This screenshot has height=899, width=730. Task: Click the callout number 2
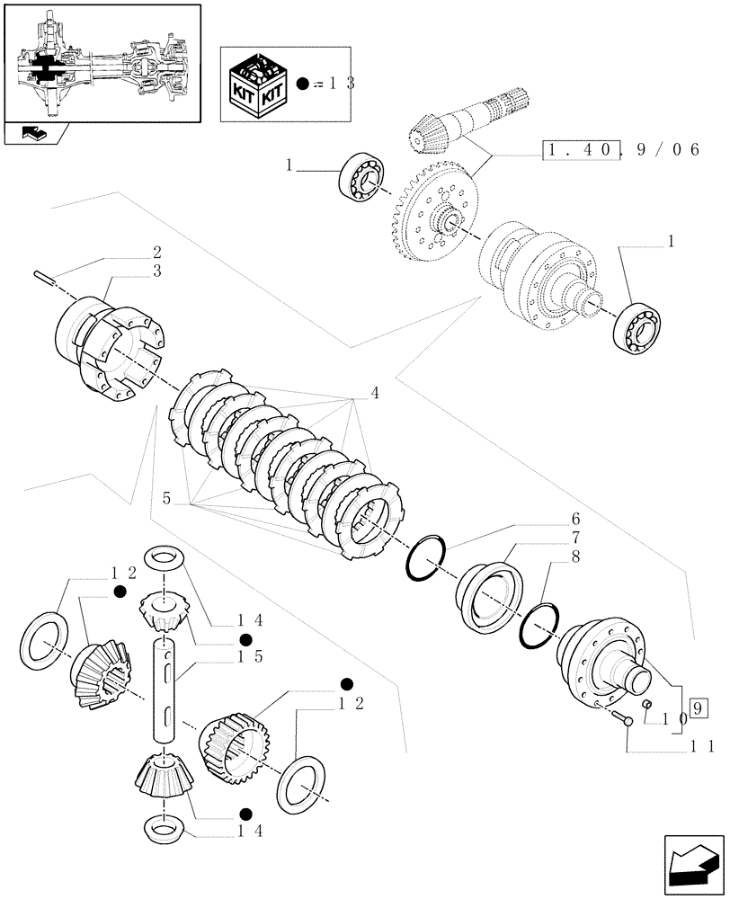click(156, 253)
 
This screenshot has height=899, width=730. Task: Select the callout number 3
click(156, 271)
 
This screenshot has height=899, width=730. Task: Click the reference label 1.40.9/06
click(621, 151)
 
